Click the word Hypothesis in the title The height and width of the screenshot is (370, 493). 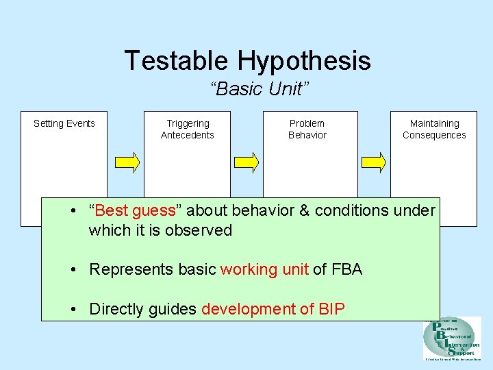click(304, 62)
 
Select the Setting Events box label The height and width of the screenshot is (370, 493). click(64, 123)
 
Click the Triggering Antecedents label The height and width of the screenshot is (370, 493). click(188, 129)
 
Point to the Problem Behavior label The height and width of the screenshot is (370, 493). click(307, 129)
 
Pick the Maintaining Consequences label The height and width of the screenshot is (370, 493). click(434, 129)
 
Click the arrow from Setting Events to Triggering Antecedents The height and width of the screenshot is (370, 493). click(127, 162)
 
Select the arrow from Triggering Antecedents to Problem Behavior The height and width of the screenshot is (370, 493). click(246, 162)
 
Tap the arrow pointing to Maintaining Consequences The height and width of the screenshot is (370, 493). click(374, 162)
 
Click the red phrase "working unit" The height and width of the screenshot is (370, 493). click(264, 269)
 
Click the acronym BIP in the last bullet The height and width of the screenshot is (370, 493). click(332, 309)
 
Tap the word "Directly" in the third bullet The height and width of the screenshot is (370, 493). click(116, 309)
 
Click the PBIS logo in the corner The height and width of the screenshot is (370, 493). click(451, 338)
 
